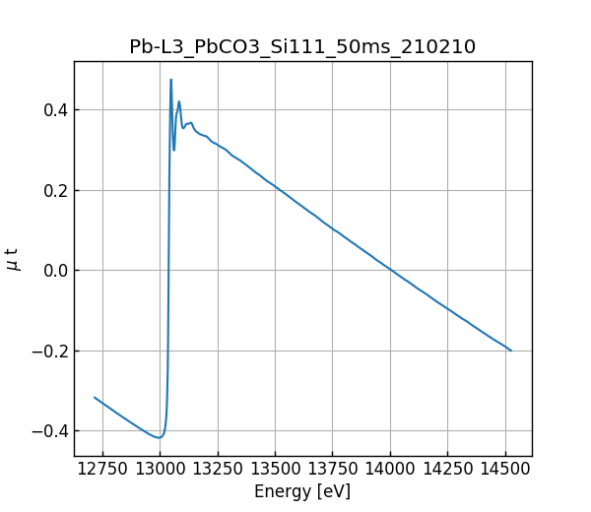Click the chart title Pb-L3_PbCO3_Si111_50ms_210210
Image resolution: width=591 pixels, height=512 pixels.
point(302,46)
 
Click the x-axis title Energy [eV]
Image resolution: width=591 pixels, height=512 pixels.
point(302,491)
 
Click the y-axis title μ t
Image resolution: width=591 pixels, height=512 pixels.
point(13,259)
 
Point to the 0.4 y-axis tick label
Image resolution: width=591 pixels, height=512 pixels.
point(54,109)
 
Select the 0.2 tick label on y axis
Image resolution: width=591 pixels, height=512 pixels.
point(54,190)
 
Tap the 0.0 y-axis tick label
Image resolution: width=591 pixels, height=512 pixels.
point(54,271)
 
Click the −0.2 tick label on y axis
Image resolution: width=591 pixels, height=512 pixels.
point(49,351)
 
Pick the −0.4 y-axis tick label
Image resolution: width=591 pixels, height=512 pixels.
point(49,431)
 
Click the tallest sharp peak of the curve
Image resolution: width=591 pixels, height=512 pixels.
point(170,80)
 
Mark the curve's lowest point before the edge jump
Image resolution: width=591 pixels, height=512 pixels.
point(159,437)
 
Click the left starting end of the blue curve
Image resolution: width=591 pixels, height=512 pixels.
point(95,398)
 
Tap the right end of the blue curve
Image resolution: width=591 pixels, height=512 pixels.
point(511,351)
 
